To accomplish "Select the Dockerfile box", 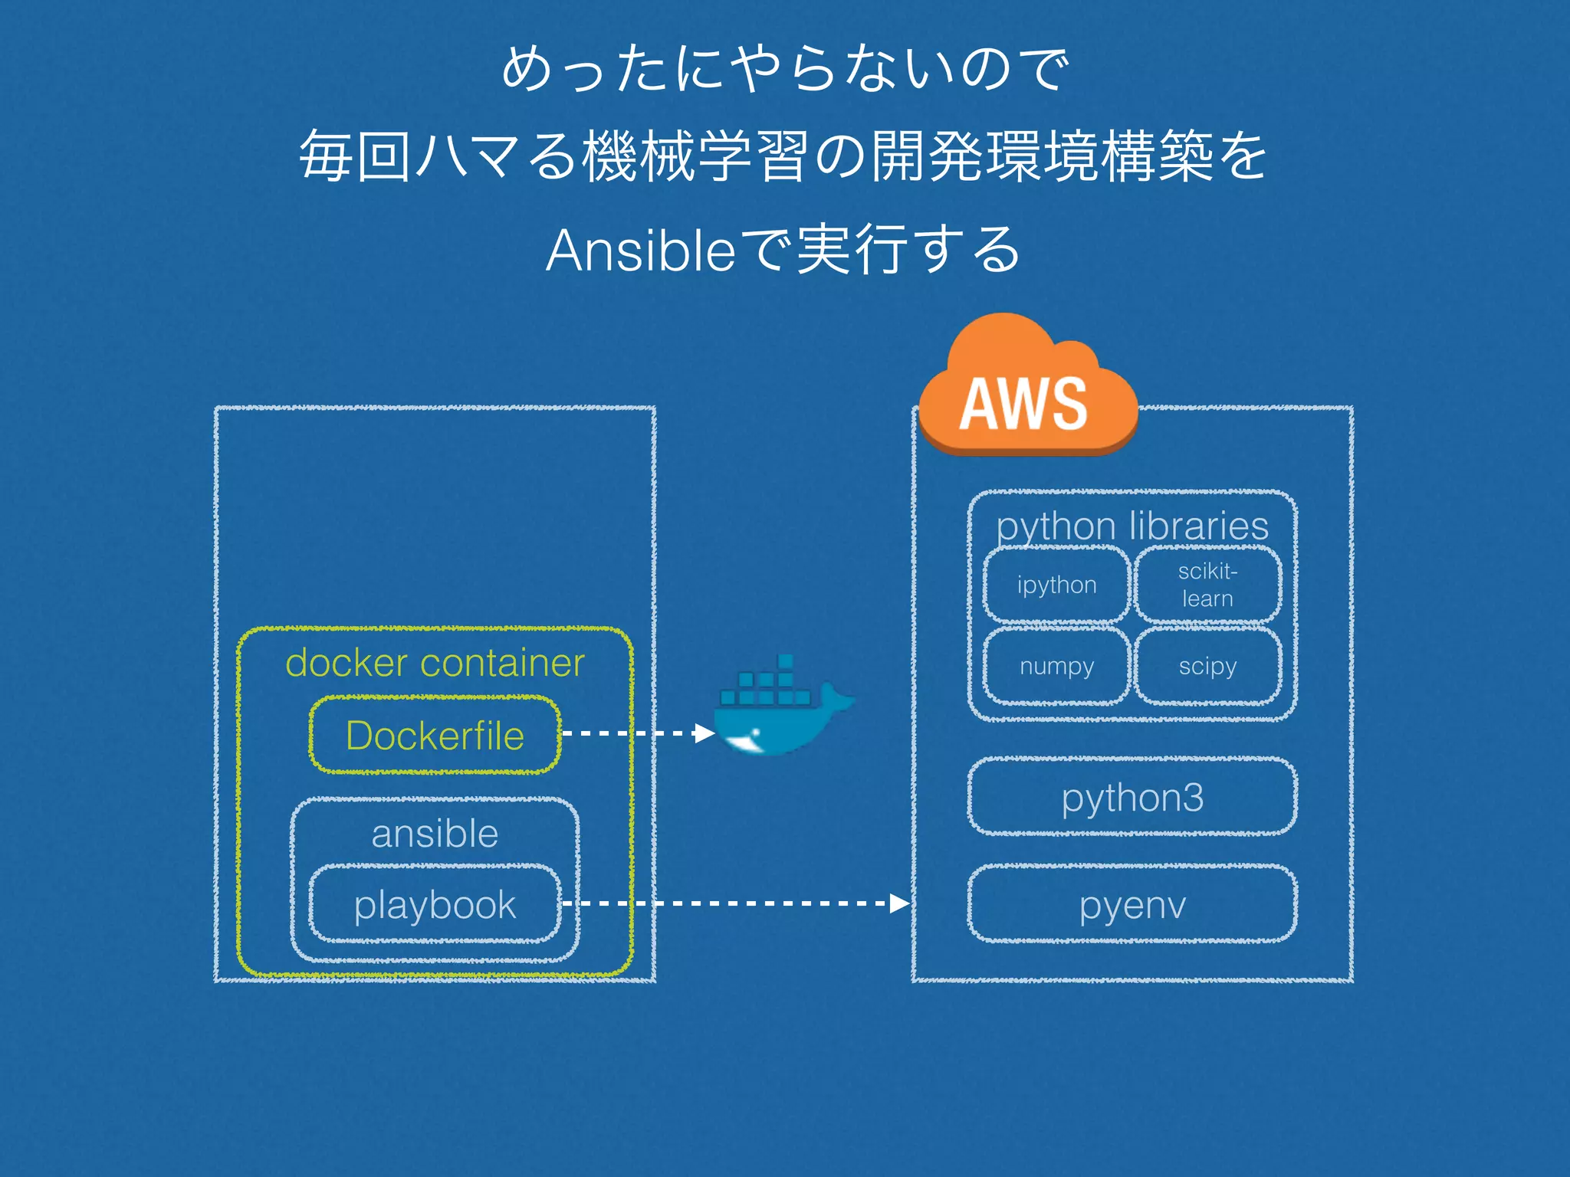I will [435, 735].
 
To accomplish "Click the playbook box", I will [435, 904].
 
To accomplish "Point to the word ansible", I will [435, 833].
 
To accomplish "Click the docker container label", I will [435, 662].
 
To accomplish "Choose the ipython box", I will [1056, 585].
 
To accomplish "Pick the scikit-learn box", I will [1207, 585].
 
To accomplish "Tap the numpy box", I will [1056, 666].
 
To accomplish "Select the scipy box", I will [1207, 666].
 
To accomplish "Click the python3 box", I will [1132, 797].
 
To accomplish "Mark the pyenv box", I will [1132, 904].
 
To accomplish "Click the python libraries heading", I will [1132, 526].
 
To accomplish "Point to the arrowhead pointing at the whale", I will [704, 733].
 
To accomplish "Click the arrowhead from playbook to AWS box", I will [899, 903].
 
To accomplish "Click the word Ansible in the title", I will [641, 251].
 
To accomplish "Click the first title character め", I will [528, 69].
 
